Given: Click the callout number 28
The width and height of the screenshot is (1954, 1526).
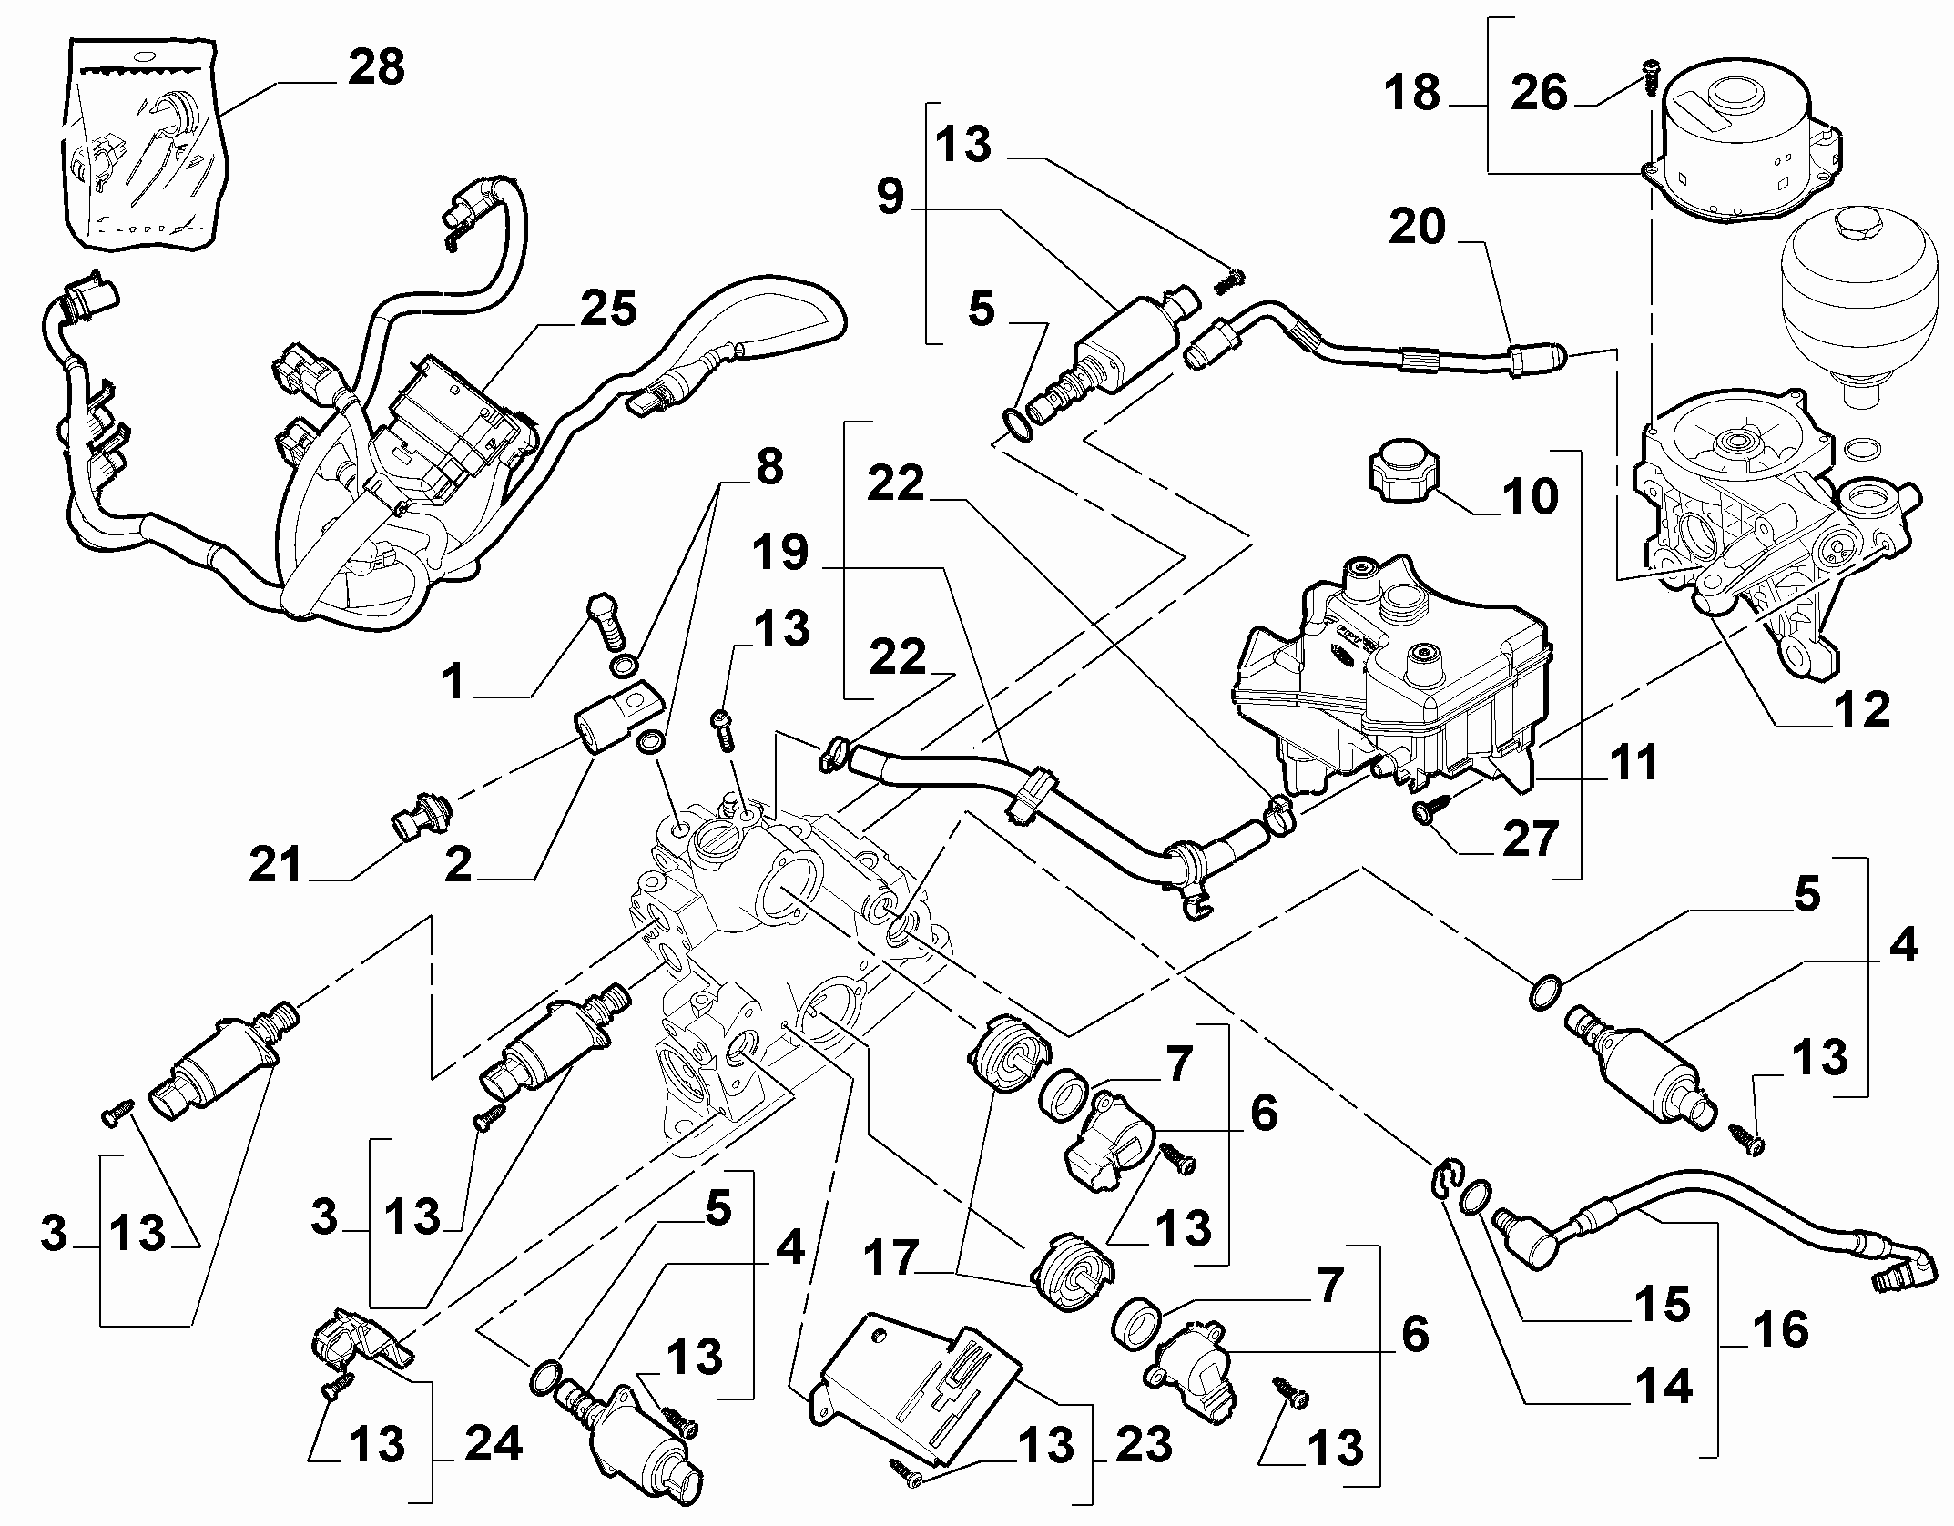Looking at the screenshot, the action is coord(376,68).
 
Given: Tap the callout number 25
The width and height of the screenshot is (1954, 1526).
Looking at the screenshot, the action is coord(608,310).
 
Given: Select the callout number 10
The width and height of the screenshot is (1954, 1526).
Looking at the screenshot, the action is coord(1529,496).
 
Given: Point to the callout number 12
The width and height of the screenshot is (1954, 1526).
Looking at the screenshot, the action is coord(1860,709).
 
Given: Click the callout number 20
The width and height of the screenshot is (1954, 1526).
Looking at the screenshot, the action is coord(1416,227).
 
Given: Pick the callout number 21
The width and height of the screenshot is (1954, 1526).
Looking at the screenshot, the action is coord(276,864).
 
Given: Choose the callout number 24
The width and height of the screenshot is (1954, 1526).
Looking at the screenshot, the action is coord(494,1444).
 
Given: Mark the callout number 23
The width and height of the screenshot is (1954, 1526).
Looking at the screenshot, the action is coord(1143,1444).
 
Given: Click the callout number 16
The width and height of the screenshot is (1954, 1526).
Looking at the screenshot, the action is coord(1780,1330).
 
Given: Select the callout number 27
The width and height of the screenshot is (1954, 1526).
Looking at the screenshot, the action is coord(1531,839).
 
